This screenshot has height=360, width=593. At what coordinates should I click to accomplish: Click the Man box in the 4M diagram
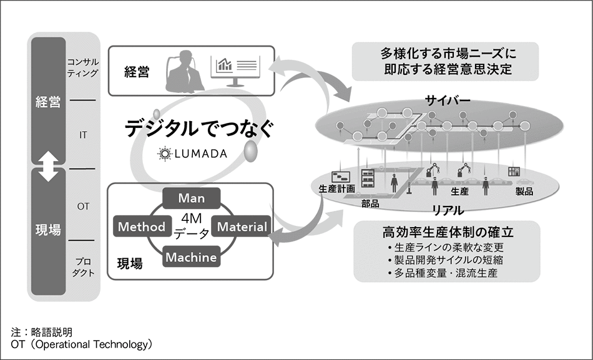[x=191, y=198]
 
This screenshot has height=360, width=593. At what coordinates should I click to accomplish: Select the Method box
[x=141, y=226]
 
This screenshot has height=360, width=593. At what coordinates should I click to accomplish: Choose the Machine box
[x=192, y=256]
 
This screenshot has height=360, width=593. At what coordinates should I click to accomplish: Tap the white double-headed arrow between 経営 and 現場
[x=48, y=168]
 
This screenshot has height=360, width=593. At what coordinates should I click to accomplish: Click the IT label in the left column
[x=82, y=134]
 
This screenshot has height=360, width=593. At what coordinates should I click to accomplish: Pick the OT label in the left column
[x=82, y=205]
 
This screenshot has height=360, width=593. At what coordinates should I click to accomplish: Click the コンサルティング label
[x=82, y=67]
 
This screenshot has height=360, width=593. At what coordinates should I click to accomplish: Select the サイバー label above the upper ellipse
[x=448, y=100]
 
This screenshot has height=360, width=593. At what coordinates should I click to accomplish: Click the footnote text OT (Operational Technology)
[x=82, y=344]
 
